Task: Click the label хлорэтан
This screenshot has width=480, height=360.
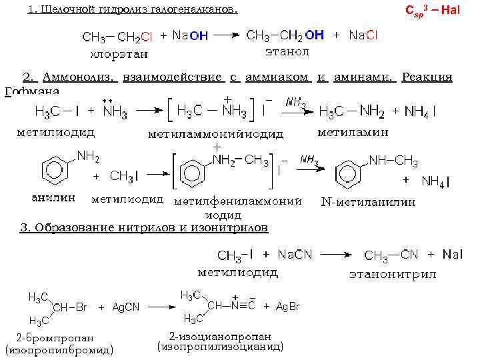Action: pyautogui.click(x=120, y=53)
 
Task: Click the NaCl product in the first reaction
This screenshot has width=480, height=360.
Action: pyautogui.click(x=363, y=35)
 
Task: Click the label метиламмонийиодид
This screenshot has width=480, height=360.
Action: pyautogui.click(x=215, y=134)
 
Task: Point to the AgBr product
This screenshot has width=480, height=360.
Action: pyautogui.click(x=287, y=307)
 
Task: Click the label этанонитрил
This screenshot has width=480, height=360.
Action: pyautogui.click(x=393, y=274)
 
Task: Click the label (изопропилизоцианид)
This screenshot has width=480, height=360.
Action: pyautogui.click(x=220, y=347)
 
